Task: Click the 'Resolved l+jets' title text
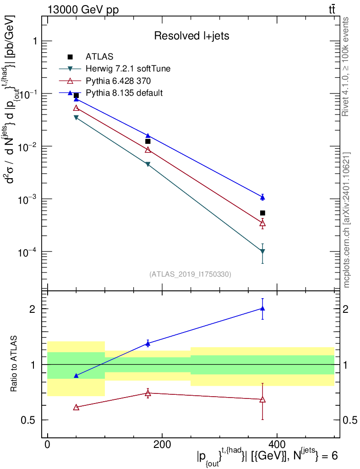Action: [x=191, y=36]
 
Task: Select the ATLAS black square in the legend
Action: [x=70, y=56]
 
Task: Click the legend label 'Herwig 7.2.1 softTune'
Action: [x=128, y=69]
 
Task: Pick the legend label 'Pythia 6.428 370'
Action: [x=118, y=81]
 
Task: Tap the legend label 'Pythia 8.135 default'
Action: [x=124, y=93]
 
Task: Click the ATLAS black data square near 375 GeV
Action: [x=262, y=213]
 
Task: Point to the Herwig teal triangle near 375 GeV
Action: [x=262, y=251]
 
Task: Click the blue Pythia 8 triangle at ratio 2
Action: [x=262, y=308]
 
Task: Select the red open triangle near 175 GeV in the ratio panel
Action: [x=147, y=393]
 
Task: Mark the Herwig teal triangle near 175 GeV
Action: [x=147, y=164]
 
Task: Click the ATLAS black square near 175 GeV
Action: [x=147, y=141]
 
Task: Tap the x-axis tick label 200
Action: [x=162, y=444]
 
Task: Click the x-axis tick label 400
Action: [x=277, y=444]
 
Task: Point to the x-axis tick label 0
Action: [x=48, y=444]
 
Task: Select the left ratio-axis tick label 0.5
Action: [x=28, y=420]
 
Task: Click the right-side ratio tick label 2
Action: [x=345, y=309]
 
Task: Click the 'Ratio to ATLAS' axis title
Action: [x=14, y=364]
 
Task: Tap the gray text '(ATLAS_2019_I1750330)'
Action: [x=190, y=274]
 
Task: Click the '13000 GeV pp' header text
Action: [x=83, y=10]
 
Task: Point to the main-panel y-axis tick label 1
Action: [x=35, y=41]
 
